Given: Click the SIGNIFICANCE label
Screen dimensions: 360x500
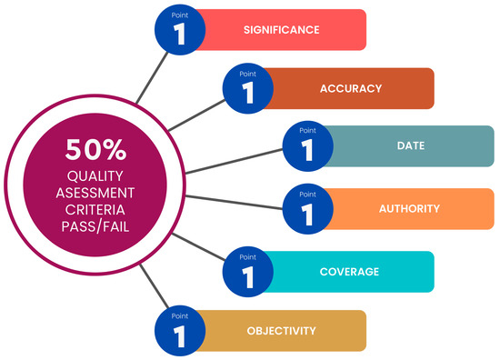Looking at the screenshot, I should click(x=281, y=30).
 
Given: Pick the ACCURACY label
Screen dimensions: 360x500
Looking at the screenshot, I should click(x=350, y=89).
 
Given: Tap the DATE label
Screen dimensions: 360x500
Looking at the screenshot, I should click(x=410, y=145).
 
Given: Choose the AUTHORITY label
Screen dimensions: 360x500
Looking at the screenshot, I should click(x=409, y=209).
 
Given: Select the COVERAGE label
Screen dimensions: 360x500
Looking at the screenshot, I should click(x=349, y=271).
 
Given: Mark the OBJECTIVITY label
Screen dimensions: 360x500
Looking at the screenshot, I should click(x=282, y=330).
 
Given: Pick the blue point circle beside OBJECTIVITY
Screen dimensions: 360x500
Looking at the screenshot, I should click(x=179, y=331).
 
